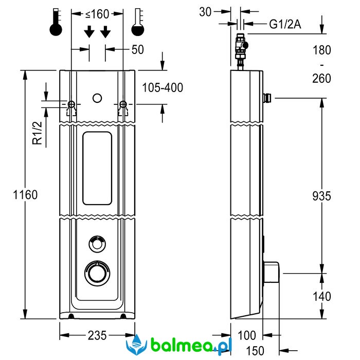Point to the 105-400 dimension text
163,87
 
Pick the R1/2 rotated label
37,133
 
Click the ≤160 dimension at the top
97,12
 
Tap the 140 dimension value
321,296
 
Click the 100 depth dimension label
247,335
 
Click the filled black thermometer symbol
56,22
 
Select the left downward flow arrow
89,32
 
